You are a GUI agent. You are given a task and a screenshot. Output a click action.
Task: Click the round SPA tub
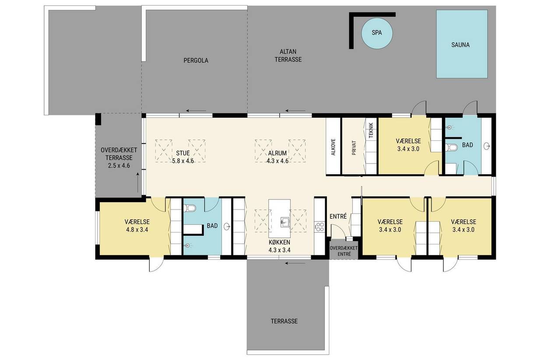click(376, 33)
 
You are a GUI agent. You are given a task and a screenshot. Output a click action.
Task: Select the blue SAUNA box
click(462, 44)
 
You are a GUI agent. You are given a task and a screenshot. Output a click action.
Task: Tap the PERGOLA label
click(196, 60)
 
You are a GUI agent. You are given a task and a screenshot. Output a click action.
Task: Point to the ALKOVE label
click(333, 147)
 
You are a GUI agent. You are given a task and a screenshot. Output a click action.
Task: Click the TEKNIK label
click(371, 130)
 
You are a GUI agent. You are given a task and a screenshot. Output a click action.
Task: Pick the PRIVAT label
click(354, 147)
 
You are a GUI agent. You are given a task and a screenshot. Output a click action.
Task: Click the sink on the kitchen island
click(285, 222)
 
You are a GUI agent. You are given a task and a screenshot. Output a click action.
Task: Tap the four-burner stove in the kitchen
click(319, 227)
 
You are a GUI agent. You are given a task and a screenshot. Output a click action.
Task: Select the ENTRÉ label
click(338, 217)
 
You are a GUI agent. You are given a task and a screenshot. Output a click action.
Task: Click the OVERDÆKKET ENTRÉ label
click(344, 251)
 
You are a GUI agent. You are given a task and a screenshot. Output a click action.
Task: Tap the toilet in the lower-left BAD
click(189, 208)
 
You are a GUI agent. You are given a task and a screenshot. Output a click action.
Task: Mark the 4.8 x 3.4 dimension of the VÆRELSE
click(137, 230)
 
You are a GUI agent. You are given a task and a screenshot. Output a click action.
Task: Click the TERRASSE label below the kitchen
click(284, 321)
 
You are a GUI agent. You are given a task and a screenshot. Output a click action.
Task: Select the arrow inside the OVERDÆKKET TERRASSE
click(138, 182)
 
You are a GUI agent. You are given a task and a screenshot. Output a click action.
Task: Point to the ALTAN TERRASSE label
click(288, 56)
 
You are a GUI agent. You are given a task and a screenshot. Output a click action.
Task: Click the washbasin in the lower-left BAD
click(227, 226)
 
